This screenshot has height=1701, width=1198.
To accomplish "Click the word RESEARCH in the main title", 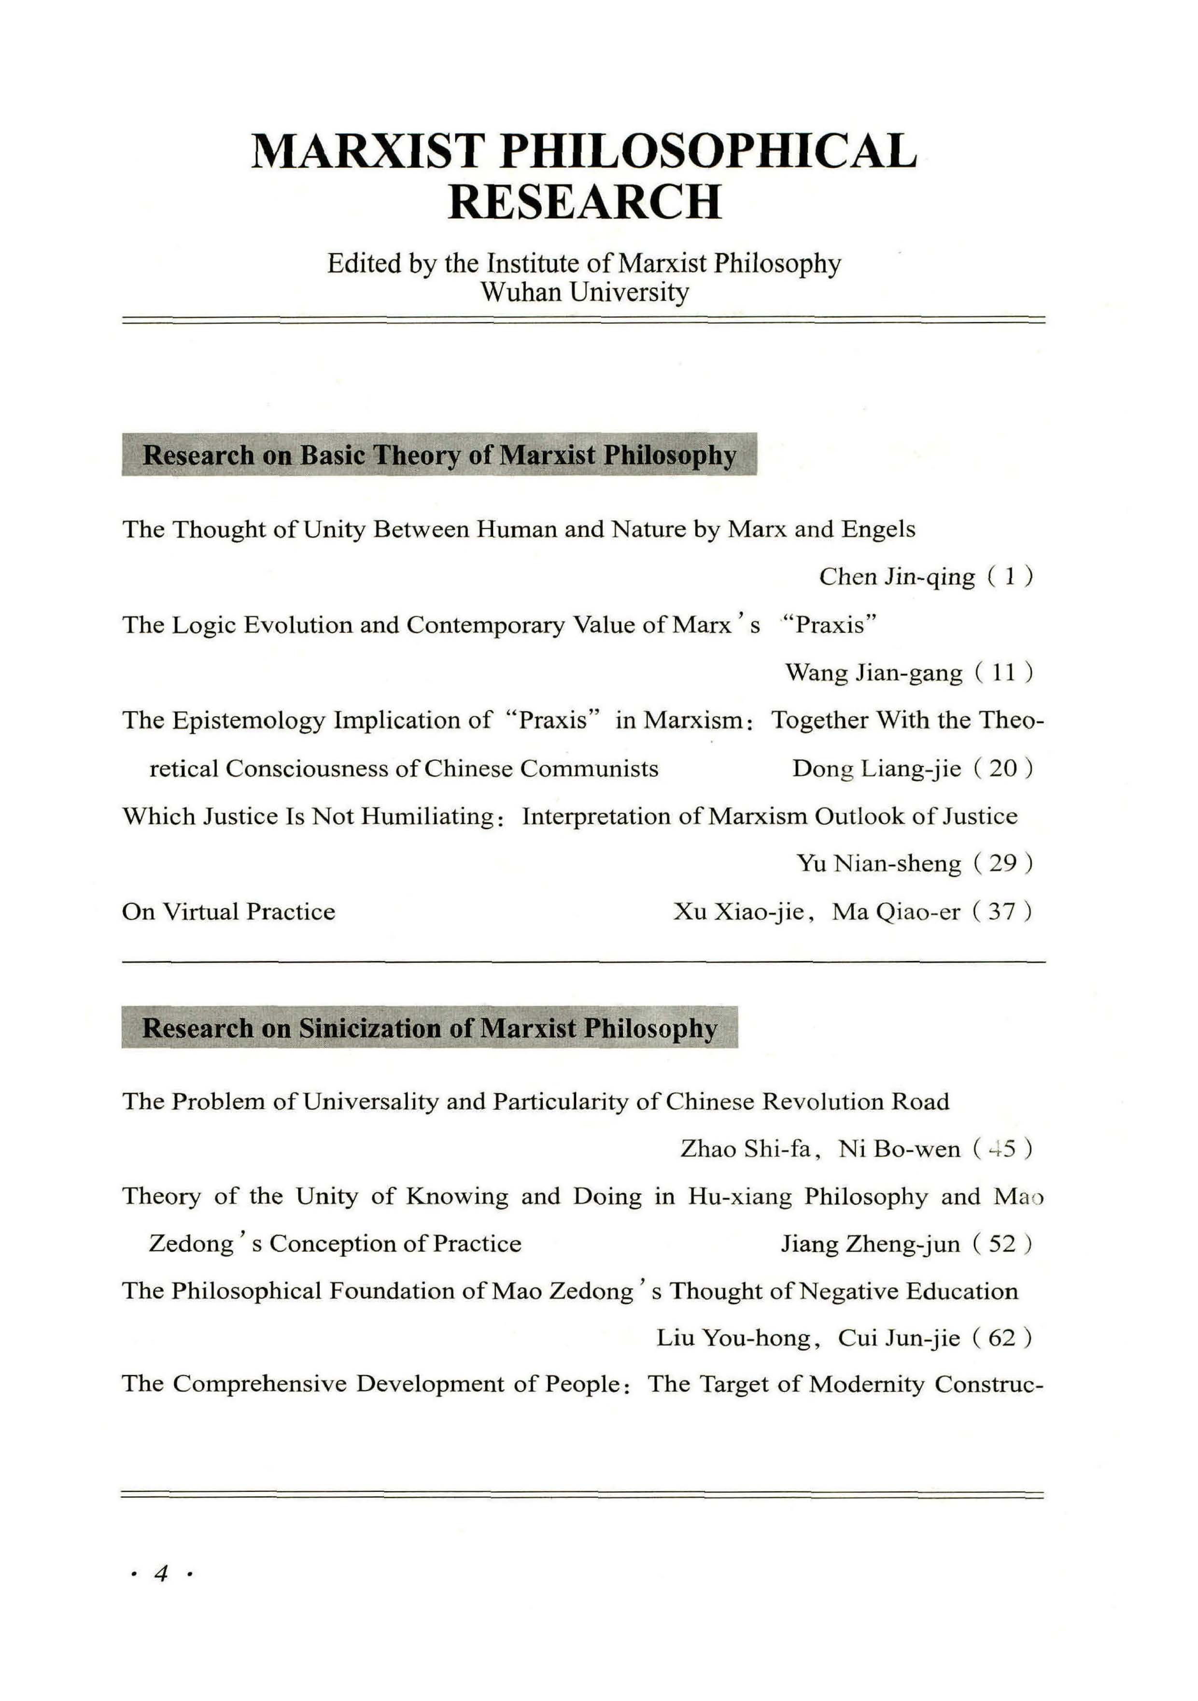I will pyautogui.click(x=584, y=202).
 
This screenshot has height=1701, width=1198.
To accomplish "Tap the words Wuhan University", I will pyautogui.click(x=584, y=292).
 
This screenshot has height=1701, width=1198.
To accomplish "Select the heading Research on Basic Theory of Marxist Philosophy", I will pyautogui.click(x=439, y=455).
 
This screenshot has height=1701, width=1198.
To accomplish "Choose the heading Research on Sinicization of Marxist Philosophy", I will pyautogui.click(x=429, y=1029).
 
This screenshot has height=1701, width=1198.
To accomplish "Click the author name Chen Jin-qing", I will pyautogui.click(x=897, y=577).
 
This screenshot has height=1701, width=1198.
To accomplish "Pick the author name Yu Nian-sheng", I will pyautogui.click(x=879, y=863).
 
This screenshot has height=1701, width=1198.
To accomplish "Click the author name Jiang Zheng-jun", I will pyautogui.click(x=871, y=1244).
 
